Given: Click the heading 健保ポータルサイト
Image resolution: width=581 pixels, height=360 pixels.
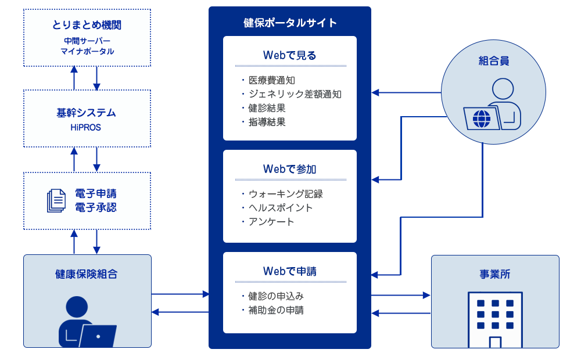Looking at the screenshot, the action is click(x=290, y=23).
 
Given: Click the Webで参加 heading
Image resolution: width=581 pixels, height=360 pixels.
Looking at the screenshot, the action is click(x=290, y=169).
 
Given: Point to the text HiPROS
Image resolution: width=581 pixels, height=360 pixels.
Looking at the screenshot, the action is click(x=85, y=127).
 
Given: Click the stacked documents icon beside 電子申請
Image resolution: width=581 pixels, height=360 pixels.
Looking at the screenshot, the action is click(x=56, y=201).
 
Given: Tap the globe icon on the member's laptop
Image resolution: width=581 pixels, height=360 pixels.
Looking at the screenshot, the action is click(x=482, y=119).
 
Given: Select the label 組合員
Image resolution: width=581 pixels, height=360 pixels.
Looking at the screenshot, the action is click(x=493, y=61).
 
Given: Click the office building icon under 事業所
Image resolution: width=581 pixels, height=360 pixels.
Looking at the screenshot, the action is click(x=495, y=319).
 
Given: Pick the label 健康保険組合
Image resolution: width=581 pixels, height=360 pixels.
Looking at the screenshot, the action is click(x=87, y=274).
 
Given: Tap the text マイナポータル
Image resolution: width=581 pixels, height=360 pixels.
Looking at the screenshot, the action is click(x=88, y=52).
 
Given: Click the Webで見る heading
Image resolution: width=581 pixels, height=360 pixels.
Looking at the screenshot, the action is click(x=290, y=55).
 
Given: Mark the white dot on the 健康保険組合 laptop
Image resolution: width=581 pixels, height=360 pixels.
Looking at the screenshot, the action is click(x=98, y=337).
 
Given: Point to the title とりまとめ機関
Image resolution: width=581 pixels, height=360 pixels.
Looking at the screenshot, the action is click(x=87, y=25).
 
